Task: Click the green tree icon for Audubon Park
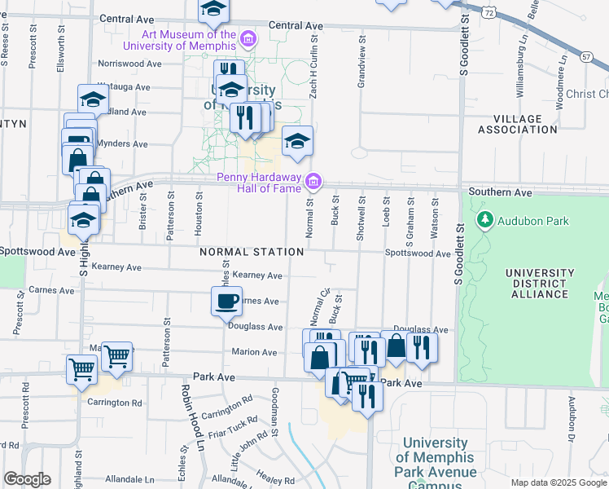pyautogui.click(x=486, y=219)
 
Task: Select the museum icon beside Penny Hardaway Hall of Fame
pyautogui.click(x=314, y=180)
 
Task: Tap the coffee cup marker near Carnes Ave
pyautogui.click(x=226, y=300)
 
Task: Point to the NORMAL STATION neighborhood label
pyautogui.click(x=252, y=252)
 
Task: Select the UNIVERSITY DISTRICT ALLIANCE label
pyautogui.click(x=537, y=283)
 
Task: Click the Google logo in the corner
pyautogui.click(x=26, y=479)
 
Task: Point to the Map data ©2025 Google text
pyautogui.click(x=558, y=482)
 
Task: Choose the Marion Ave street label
pyautogui.click(x=255, y=352)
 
